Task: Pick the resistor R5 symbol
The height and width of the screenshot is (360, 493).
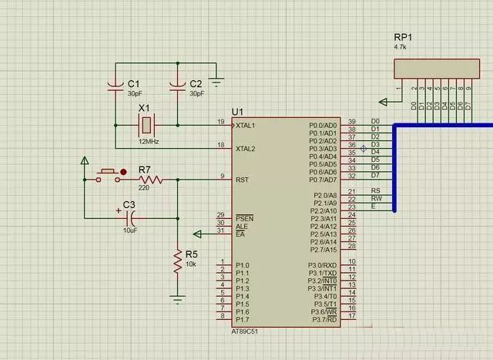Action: click(x=177, y=264)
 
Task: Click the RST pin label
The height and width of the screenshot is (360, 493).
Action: click(x=242, y=180)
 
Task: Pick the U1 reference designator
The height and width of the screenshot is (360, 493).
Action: click(x=237, y=113)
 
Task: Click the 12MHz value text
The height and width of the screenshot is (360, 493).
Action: click(x=149, y=141)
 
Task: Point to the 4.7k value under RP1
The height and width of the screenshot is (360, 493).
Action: click(x=400, y=48)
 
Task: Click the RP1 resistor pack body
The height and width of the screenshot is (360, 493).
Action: click(x=432, y=69)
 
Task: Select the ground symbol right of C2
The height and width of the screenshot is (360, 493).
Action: click(x=217, y=79)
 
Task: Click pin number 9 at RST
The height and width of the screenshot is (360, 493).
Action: click(x=222, y=177)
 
